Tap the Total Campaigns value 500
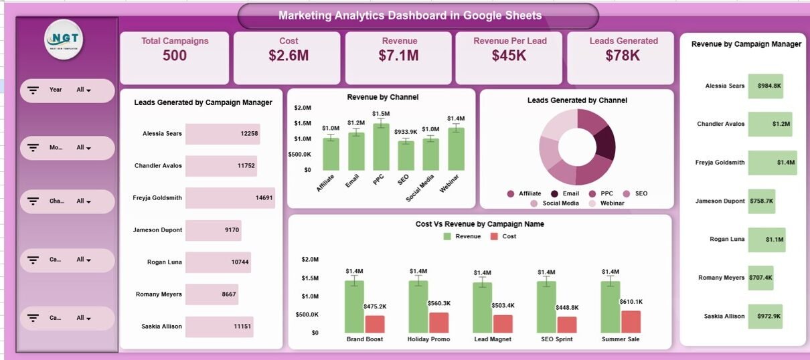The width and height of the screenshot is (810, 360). point(175,56)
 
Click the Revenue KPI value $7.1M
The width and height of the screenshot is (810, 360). point(399,56)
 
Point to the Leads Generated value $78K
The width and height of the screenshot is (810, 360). point(623,56)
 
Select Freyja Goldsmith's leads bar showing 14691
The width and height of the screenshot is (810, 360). point(230,198)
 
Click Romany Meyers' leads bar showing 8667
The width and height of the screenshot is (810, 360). point(212,294)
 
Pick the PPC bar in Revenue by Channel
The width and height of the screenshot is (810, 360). point(381,147)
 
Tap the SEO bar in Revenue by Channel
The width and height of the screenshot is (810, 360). point(406,155)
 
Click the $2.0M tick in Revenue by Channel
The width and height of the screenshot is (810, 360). point(302,108)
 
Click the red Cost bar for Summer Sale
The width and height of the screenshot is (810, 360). point(631,322)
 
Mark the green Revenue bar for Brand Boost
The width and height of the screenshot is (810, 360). point(354,306)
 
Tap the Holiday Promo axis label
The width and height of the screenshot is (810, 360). point(428,339)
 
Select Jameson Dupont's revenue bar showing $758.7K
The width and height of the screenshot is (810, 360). point(761,201)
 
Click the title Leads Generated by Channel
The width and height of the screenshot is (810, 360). point(577,100)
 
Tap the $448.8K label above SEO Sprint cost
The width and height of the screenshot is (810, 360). point(568,308)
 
